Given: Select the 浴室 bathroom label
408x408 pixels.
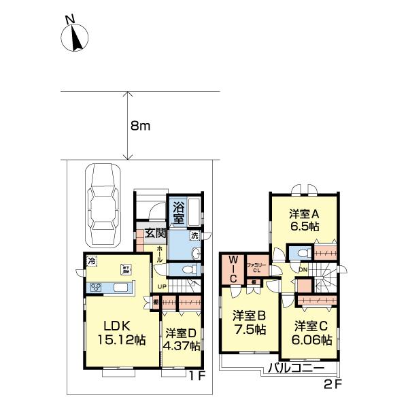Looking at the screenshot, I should (177, 211).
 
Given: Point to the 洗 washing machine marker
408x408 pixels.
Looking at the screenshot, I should (194, 235).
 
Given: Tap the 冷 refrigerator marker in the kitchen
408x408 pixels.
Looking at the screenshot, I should (92, 260).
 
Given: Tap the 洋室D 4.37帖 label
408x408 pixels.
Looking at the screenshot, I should (182, 339).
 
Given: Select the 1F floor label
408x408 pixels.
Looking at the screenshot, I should (197, 375).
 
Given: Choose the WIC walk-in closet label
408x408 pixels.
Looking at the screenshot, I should (233, 265).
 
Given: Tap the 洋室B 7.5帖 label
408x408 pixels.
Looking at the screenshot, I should (248, 322).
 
